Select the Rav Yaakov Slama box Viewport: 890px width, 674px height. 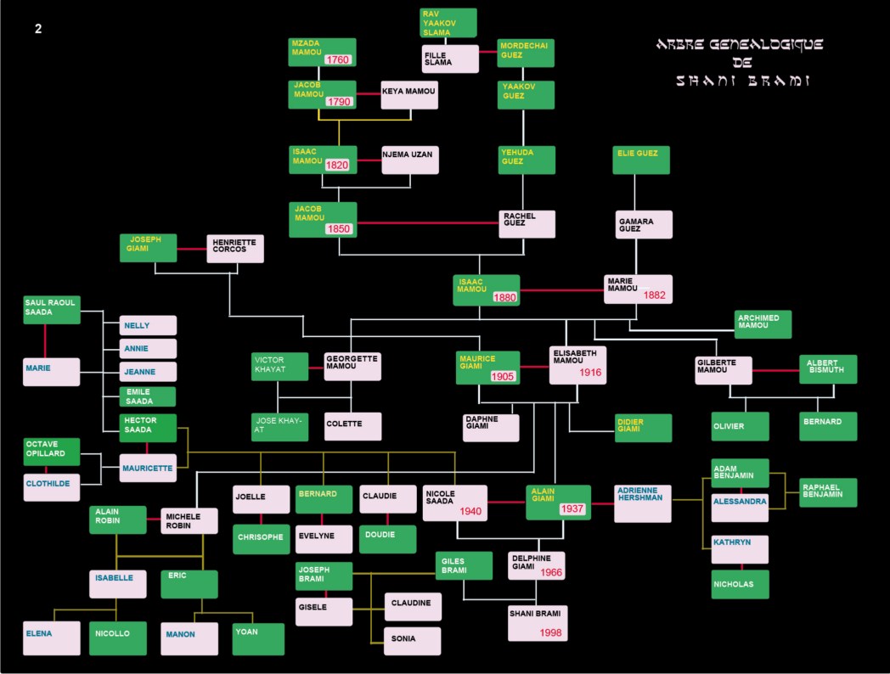(x=448, y=23)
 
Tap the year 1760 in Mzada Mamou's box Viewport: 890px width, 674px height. (x=338, y=59)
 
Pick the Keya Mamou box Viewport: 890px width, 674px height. (x=409, y=95)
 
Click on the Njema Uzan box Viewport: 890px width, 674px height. (x=410, y=160)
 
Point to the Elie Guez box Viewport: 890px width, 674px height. (x=641, y=160)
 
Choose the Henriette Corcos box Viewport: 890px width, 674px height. (x=235, y=249)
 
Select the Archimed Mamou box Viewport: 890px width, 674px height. (x=763, y=324)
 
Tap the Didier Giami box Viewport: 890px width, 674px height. (x=644, y=428)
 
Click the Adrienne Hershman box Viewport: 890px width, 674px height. (x=643, y=503)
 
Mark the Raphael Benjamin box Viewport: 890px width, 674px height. (x=828, y=492)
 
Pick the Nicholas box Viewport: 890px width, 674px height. (x=740, y=584)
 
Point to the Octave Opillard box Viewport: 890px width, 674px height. (x=52, y=452)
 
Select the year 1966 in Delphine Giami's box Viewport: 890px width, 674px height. (x=550, y=572)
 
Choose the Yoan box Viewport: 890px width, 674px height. (x=258, y=639)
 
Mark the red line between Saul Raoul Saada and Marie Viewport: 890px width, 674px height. (x=45, y=340)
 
